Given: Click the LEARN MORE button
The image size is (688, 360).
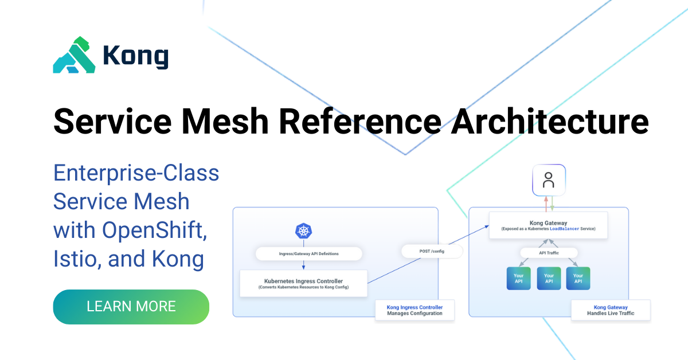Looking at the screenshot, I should coord(131,306).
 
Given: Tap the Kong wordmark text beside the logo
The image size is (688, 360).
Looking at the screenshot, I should coord(135,56).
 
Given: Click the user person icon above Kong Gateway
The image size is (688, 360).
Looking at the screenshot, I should coord(549,180).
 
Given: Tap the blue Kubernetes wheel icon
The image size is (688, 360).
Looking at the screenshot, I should coord(303,231).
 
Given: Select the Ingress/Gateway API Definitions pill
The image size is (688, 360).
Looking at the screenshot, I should coord(308,254).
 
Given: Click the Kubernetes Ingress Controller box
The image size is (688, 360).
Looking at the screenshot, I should coord(303,283).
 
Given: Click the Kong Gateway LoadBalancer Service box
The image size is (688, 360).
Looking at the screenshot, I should coord(548,225).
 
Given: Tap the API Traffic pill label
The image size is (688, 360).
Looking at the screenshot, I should coord(549,253).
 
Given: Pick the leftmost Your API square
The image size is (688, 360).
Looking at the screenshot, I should coord(518,278).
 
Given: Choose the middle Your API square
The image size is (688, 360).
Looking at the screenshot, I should coord(549,278).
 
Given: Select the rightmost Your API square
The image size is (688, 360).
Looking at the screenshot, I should coord(578,278).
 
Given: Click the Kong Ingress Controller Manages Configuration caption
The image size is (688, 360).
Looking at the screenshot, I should coord(415,310).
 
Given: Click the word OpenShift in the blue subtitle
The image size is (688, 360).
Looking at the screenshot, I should coord(154,230).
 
